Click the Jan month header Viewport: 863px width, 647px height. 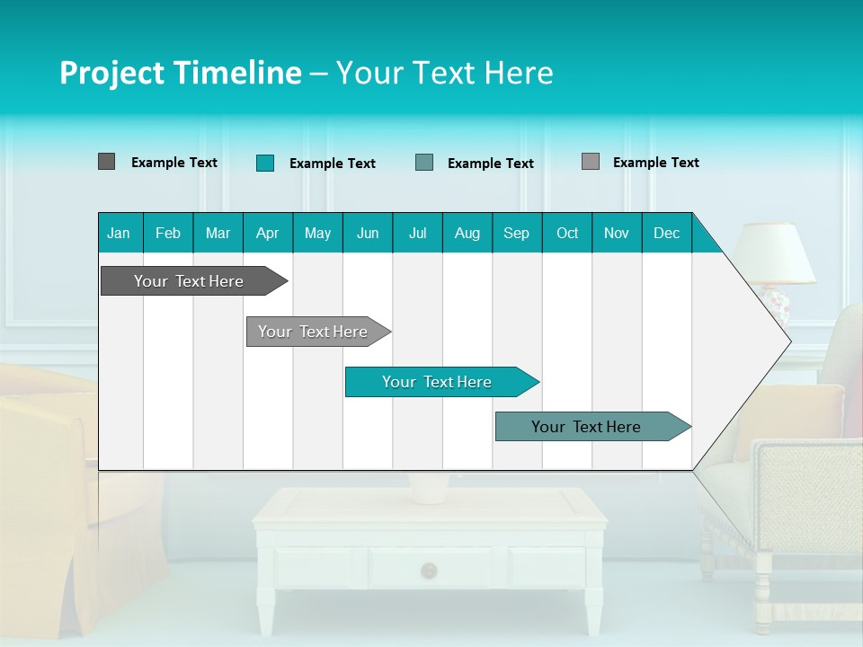pyautogui.click(x=119, y=233)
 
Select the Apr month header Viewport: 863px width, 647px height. pyautogui.click(x=267, y=233)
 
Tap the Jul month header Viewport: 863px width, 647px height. pyautogui.click(x=417, y=233)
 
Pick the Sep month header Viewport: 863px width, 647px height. pyautogui.click(x=516, y=233)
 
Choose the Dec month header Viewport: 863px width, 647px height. pyautogui.click(x=666, y=233)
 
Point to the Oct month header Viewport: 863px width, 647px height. pyautogui.click(x=567, y=233)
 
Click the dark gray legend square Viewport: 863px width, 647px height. pyautogui.click(x=106, y=162)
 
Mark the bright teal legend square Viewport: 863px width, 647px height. pyautogui.click(x=264, y=163)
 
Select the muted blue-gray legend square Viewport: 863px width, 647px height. pyautogui.click(x=424, y=163)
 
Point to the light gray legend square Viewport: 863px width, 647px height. pyautogui.click(x=590, y=162)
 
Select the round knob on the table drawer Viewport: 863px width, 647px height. pyautogui.click(x=429, y=570)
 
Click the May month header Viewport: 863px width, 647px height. pyautogui.click(x=317, y=233)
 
